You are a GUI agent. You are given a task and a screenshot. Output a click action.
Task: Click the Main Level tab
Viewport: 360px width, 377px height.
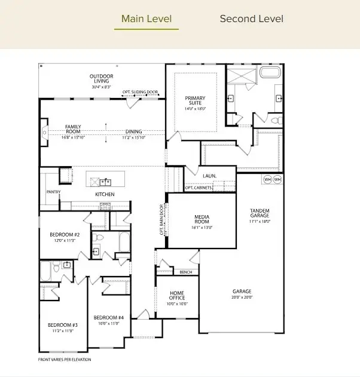pyautogui.click(x=146, y=19)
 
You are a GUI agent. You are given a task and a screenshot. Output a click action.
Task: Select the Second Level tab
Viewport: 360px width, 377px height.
pyautogui.click(x=251, y=19)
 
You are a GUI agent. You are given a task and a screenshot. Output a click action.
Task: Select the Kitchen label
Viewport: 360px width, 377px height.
pyautogui.click(x=105, y=194)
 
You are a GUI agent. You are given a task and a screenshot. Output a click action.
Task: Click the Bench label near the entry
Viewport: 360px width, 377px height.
pyautogui.click(x=185, y=272)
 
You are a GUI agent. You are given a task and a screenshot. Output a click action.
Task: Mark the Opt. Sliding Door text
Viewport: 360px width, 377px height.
pyautogui.click(x=141, y=92)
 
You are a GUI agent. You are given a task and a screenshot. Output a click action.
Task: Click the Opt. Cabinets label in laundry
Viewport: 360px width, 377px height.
pyautogui.click(x=199, y=188)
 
